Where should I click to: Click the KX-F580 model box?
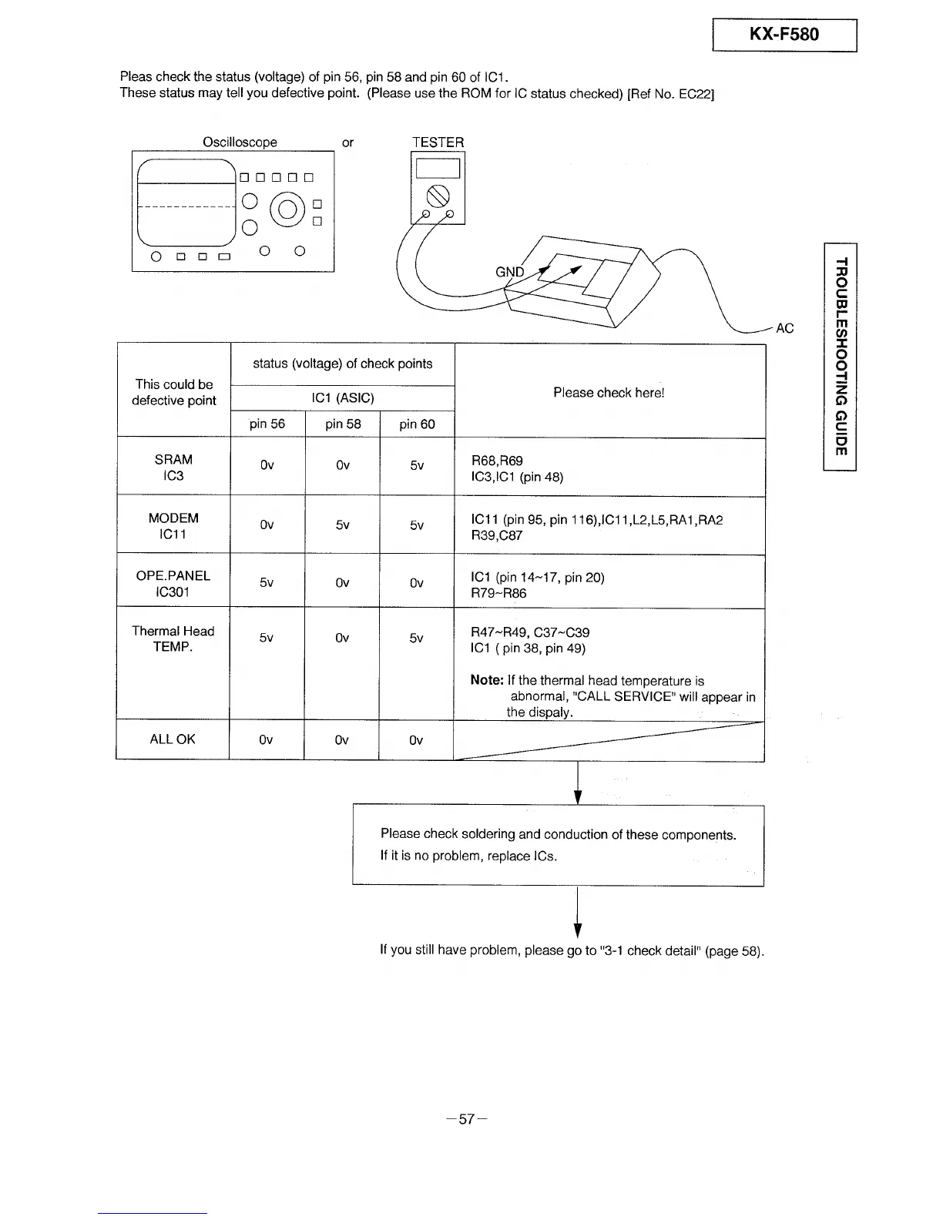pos(784,35)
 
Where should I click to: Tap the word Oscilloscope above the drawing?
pos(240,142)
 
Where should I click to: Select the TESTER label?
pos(438,142)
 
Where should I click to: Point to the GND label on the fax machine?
pos(509,272)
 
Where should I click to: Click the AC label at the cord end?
pos(784,329)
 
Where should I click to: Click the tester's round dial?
pos(438,195)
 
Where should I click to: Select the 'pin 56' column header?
pos(267,424)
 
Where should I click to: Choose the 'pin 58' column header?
pos(343,424)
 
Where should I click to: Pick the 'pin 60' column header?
pos(417,424)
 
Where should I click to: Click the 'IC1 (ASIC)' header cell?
pos(342,398)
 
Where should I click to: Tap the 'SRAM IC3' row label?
pos(173,468)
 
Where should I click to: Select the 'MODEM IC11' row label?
pos(173,526)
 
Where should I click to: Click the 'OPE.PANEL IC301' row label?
pos(173,584)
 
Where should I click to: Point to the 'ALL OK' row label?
pos(173,739)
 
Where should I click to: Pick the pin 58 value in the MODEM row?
pos(343,525)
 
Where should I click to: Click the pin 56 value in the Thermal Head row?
pos(267,638)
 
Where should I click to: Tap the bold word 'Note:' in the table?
pos(487,681)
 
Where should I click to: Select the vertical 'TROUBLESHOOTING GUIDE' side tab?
pos(841,356)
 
